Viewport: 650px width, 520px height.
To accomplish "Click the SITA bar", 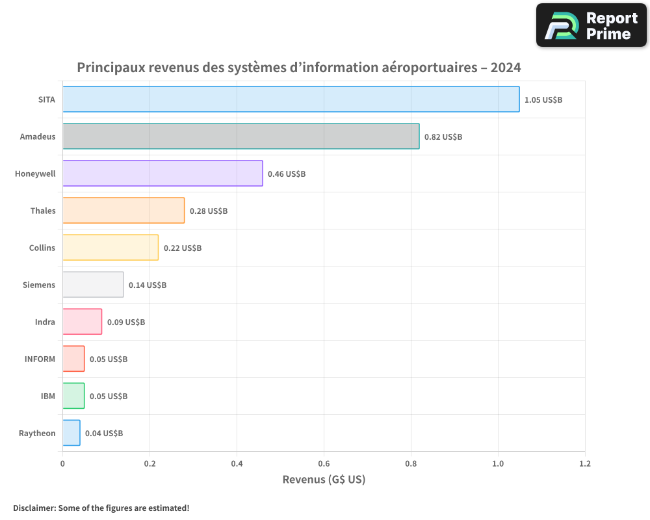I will click(x=291, y=99).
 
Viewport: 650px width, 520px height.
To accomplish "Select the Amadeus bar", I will click(x=240, y=136).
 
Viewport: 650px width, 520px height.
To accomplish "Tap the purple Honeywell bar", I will click(x=162, y=174).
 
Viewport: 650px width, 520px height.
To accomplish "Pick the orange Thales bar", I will click(x=123, y=211).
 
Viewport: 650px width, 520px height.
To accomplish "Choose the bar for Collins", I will click(x=110, y=248).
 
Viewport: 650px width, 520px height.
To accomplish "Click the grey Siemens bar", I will click(x=93, y=285).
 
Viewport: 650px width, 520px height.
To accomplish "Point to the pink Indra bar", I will click(x=82, y=322).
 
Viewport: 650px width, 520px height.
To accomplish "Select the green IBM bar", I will click(x=73, y=396).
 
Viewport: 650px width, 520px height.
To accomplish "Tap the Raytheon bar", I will click(x=71, y=433).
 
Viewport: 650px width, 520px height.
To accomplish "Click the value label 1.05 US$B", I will click(x=543, y=100).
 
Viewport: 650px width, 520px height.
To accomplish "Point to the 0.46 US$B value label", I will click(x=287, y=174).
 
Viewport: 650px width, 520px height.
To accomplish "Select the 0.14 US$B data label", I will click(x=148, y=285).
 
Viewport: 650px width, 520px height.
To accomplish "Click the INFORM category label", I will click(x=40, y=359).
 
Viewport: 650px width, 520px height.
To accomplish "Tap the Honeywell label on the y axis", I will click(x=35, y=174).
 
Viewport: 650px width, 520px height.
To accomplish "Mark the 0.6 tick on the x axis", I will click(x=324, y=464).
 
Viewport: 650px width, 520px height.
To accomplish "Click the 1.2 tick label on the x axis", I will click(x=585, y=464).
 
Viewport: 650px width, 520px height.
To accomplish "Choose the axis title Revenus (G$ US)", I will click(x=324, y=480).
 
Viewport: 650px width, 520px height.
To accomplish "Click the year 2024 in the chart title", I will click(x=506, y=68).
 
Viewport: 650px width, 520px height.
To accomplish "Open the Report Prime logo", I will click(x=591, y=25).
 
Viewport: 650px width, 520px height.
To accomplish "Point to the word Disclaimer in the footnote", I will click(x=34, y=508).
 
